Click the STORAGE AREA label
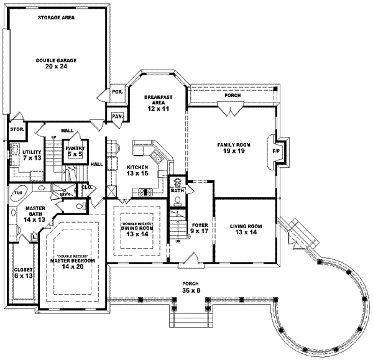(56, 18)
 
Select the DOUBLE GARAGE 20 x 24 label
(56, 63)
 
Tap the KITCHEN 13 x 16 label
(138, 171)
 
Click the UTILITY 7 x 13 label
(32, 154)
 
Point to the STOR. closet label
(16, 129)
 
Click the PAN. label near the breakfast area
(116, 116)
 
